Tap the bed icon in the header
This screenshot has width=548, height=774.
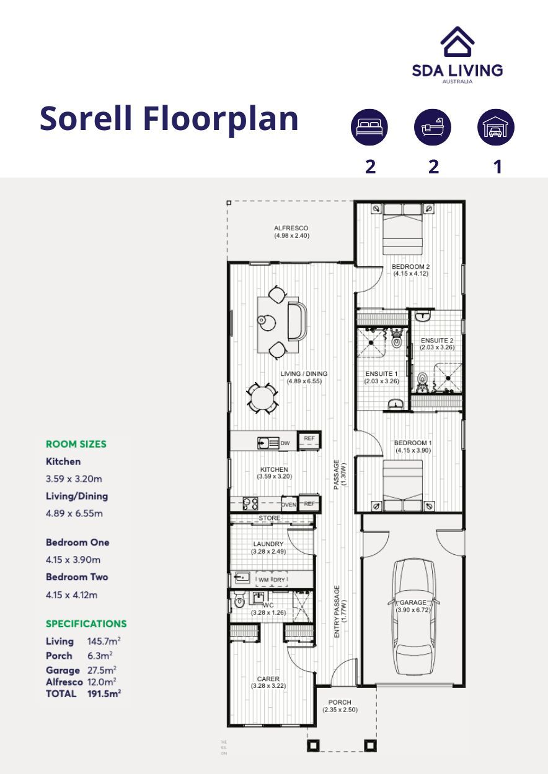(x=369, y=128)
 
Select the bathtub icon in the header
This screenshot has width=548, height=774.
(x=433, y=128)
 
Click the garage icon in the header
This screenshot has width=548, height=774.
(x=495, y=128)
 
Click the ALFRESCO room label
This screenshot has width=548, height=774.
(x=291, y=228)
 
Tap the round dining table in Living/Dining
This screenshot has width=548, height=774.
(x=263, y=398)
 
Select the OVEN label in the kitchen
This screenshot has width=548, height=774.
(x=289, y=505)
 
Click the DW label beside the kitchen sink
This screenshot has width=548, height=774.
(x=285, y=443)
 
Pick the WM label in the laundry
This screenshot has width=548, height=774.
(x=264, y=580)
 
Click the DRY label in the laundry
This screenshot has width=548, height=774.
(x=279, y=580)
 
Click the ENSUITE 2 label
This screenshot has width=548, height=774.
(x=437, y=341)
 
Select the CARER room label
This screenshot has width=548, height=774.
(x=268, y=679)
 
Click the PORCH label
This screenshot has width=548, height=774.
(x=340, y=702)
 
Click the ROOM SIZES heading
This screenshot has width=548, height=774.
(x=76, y=444)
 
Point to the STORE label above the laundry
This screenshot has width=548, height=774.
(x=270, y=518)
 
